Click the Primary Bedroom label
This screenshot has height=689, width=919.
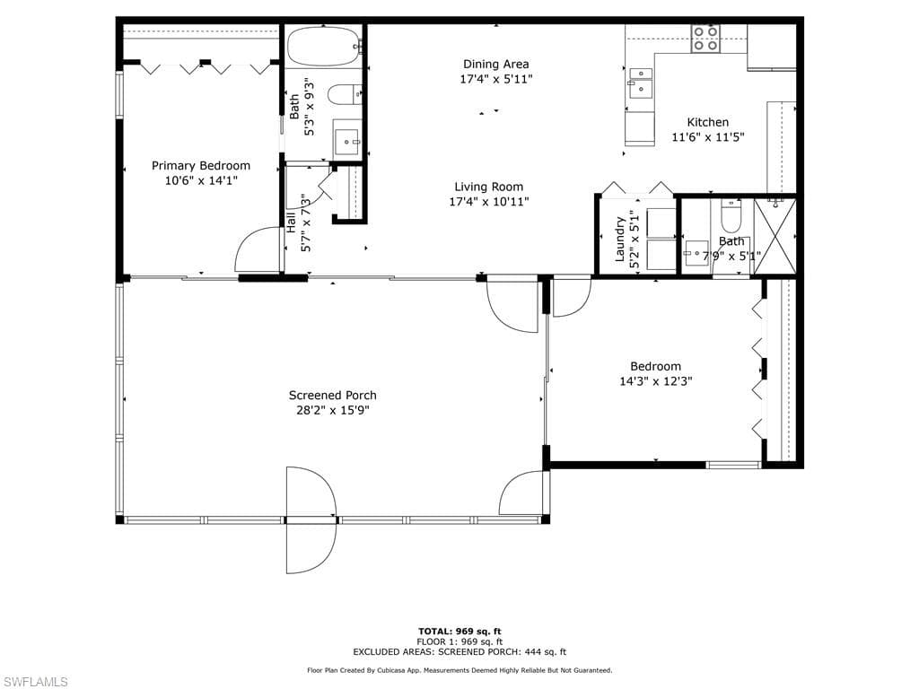[x=201, y=166]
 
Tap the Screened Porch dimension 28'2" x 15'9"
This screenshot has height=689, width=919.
[x=332, y=410]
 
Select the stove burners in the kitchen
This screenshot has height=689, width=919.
[x=705, y=39]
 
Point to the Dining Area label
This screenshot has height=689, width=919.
[x=495, y=64]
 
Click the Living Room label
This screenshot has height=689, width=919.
[x=489, y=187]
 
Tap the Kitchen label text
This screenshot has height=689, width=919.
[x=708, y=122]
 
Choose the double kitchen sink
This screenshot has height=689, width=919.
[x=640, y=83]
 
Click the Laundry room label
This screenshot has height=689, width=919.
[x=620, y=239]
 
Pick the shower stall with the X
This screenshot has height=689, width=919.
[x=775, y=237]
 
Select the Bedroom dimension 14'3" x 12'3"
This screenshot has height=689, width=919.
[x=656, y=381]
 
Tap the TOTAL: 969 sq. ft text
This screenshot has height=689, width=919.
[x=459, y=631]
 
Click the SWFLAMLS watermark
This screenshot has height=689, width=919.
[x=34, y=682]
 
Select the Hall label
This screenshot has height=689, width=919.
[x=291, y=222]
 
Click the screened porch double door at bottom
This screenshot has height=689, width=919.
[x=311, y=520]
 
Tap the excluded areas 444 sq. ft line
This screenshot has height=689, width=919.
[x=459, y=651]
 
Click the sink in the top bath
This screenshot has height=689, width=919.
[x=347, y=138]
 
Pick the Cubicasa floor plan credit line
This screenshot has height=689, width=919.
[x=459, y=670]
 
